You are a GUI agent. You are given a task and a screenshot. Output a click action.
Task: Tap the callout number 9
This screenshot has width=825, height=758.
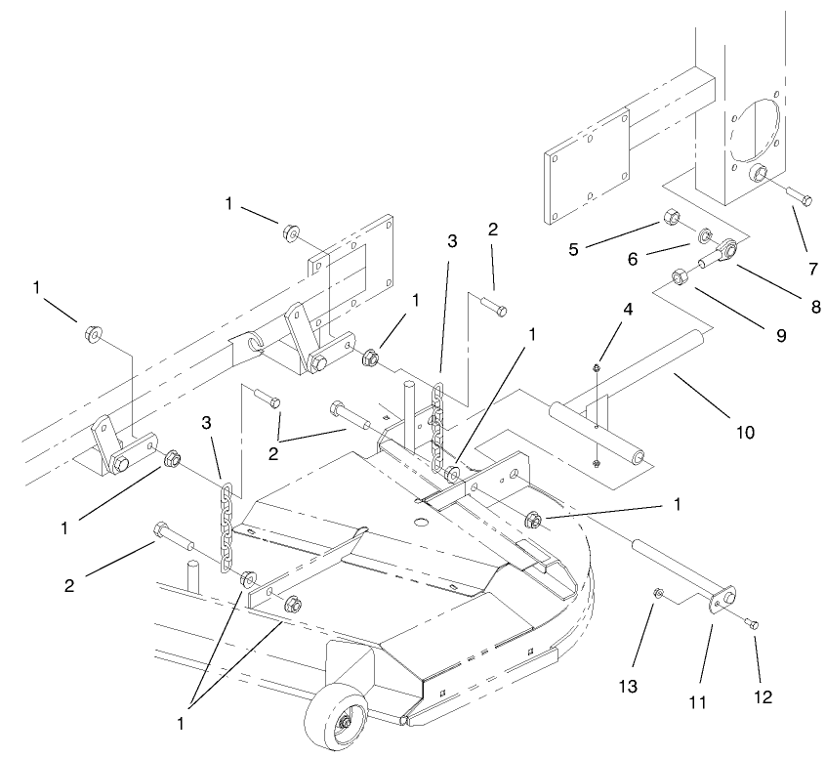click(x=780, y=334)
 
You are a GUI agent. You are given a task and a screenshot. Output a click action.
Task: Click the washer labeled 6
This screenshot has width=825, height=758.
click(x=703, y=235)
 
